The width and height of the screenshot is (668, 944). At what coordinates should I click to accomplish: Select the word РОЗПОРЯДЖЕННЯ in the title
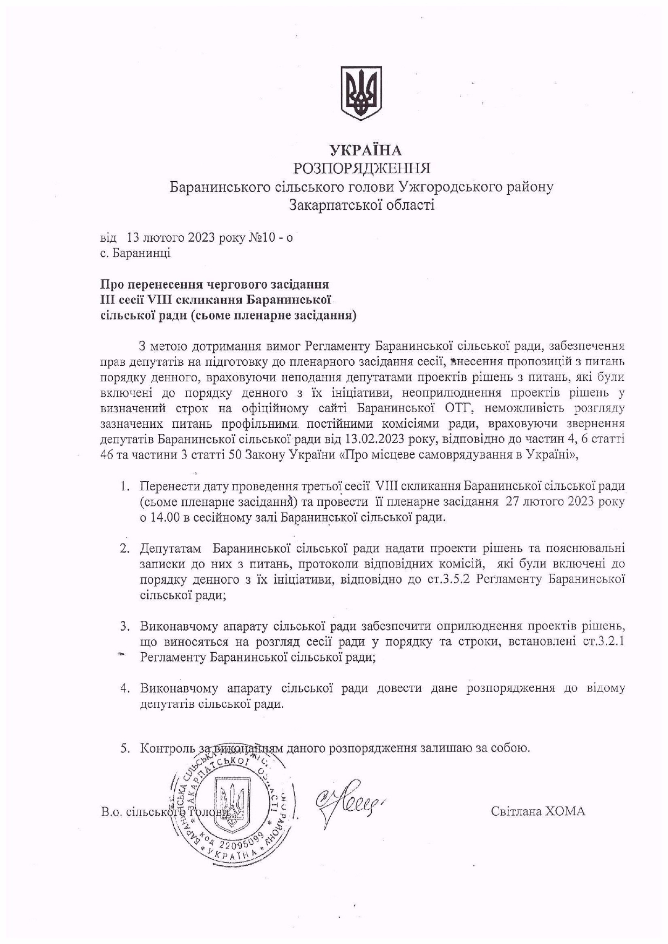[362, 168]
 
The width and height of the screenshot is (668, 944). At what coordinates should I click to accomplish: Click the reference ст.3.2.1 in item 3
[604, 642]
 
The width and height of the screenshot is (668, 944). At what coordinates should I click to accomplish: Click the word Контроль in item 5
[168, 749]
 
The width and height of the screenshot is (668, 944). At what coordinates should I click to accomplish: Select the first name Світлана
[515, 811]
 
